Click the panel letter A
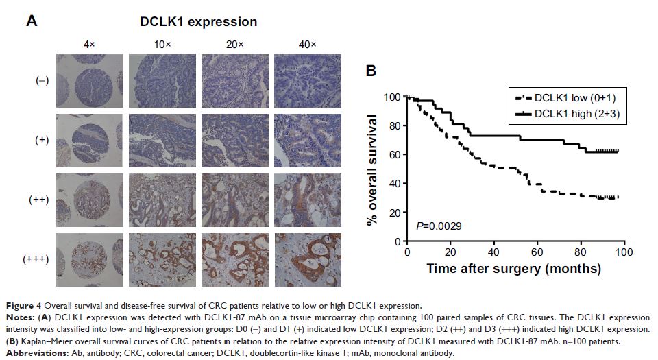point(32,21)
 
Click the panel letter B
point(370,71)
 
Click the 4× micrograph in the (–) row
point(90,80)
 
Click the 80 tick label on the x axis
point(581,252)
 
